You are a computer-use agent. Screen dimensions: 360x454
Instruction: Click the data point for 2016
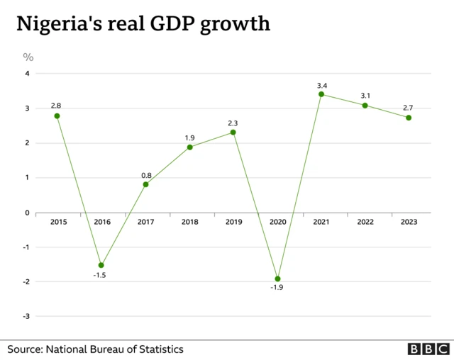click(x=101, y=265)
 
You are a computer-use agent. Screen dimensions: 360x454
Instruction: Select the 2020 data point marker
click(x=277, y=279)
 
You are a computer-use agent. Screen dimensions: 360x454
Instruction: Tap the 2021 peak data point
click(x=321, y=94)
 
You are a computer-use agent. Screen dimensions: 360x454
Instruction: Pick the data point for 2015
click(x=57, y=116)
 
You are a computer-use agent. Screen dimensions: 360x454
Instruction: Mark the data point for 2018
click(x=189, y=147)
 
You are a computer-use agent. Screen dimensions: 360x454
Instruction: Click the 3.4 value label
click(x=321, y=85)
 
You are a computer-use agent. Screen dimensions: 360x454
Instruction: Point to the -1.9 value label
click(x=277, y=288)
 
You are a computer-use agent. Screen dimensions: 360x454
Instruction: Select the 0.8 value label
click(x=145, y=174)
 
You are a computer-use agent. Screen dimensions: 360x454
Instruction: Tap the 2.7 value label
click(x=408, y=108)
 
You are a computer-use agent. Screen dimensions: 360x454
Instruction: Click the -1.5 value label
click(x=101, y=274)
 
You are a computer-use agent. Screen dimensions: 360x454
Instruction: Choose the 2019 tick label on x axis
click(x=233, y=222)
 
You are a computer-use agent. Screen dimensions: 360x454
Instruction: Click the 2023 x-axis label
click(x=409, y=222)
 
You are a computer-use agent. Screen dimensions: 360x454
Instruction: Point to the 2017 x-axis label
click(x=145, y=222)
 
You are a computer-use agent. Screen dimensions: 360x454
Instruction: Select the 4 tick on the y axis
click(x=28, y=74)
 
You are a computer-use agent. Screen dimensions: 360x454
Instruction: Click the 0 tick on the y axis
click(x=28, y=213)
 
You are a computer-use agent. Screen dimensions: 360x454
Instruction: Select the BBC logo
click(x=428, y=349)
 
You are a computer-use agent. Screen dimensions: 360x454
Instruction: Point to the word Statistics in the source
click(x=160, y=349)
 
